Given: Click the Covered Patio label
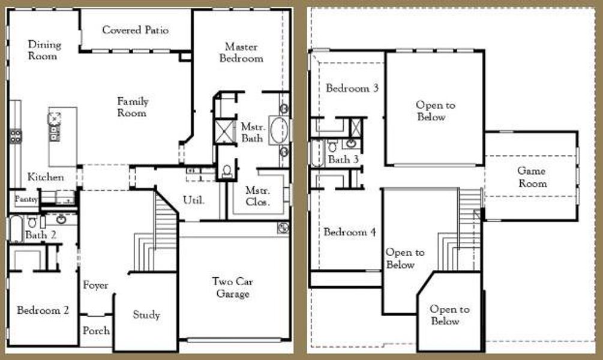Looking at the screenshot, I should coord(135,30).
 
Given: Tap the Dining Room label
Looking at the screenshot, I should coord(44,50).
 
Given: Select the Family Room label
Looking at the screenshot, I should coord(132,107).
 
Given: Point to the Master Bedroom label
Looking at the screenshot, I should coord(241,52).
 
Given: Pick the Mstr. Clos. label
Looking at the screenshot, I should coord(257,196).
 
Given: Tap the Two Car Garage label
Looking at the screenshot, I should coord(230,287).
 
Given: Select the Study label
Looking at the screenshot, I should coord(146,315).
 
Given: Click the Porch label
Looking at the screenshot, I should coord(96,331).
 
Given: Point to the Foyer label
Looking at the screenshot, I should coord(95,285).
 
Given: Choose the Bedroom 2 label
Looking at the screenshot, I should coord(43,310).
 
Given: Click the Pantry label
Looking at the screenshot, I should coord(26,199).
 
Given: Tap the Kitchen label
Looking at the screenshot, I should coord(46,177).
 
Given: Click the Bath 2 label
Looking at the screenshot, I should coord(41,235).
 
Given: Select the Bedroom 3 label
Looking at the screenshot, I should coord(352,88).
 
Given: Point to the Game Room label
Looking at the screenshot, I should coord(532,177).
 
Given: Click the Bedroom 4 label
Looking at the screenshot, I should coord(349,232).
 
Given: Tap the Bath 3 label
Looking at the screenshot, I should coord(343,160).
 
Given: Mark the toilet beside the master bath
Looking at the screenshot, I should coord(227,171).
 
